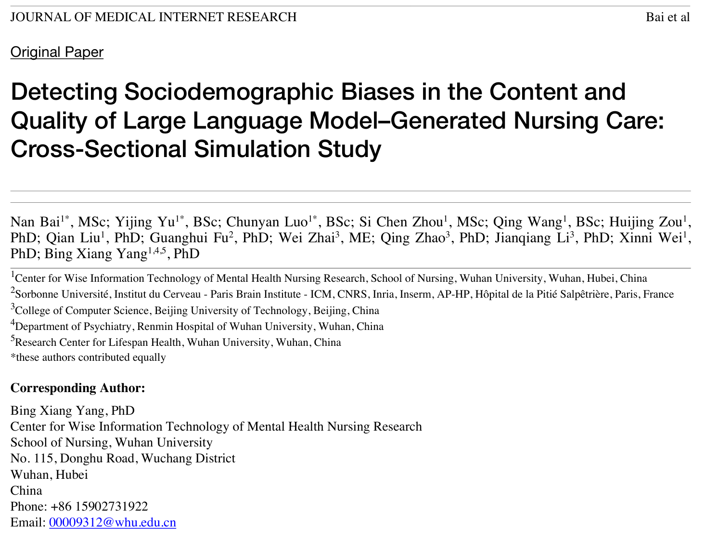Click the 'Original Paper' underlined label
(57, 52)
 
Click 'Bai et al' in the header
(667, 17)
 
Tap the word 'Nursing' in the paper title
(559, 120)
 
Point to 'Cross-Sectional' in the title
(99, 149)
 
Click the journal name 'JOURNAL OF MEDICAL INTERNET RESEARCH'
(154, 17)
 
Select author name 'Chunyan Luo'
(267, 222)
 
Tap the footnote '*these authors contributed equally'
(88, 357)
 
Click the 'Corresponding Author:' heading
(77, 388)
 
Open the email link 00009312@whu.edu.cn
(112, 523)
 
